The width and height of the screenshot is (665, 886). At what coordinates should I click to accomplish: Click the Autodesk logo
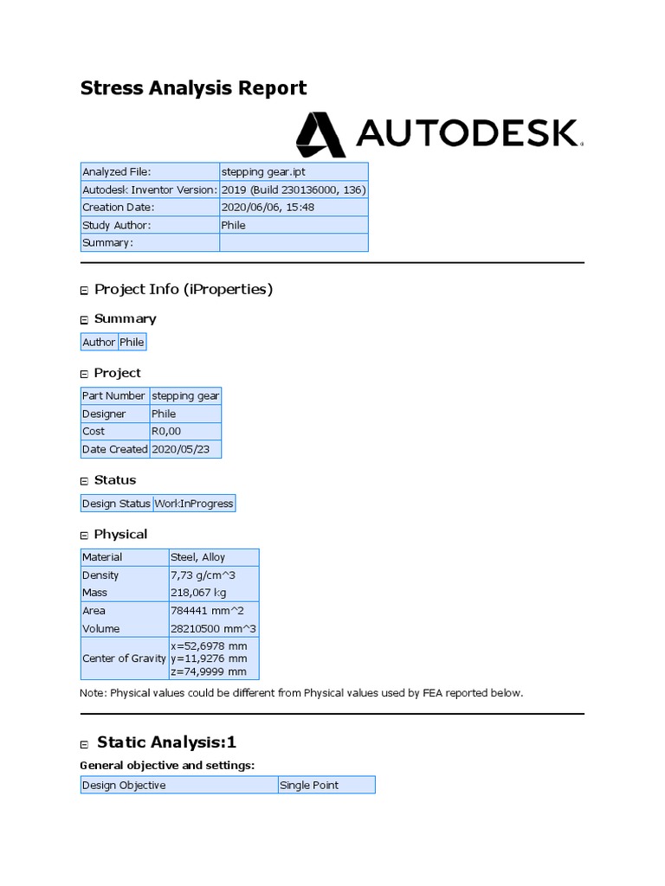tap(439, 133)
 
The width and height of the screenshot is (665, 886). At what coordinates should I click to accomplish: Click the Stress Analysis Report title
tap(193, 87)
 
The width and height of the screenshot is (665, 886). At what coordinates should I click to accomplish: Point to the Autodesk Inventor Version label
tap(149, 189)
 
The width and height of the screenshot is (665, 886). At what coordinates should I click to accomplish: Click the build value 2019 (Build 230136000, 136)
tap(294, 189)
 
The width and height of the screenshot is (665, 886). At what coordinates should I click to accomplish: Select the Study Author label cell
tap(116, 225)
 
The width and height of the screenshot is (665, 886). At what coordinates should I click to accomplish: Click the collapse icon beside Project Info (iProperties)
tap(85, 291)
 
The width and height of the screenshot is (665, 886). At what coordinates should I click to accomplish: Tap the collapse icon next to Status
tap(85, 481)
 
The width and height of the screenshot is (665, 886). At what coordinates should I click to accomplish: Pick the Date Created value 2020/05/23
tap(185, 449)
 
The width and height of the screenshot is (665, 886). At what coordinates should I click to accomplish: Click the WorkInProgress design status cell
tap(194, 504)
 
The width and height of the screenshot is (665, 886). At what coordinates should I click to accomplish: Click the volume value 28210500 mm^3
tap(214, 629)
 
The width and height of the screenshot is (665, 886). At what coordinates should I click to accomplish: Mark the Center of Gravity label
tap(124, 658)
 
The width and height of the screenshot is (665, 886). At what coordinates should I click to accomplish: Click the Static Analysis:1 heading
tap(166, 742)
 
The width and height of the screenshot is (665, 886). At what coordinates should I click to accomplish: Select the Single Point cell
tap(309, 786)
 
